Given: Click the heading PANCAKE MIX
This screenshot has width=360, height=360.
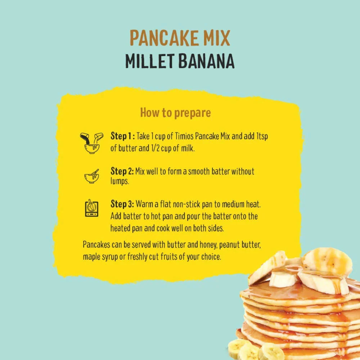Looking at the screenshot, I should tap(180, 39).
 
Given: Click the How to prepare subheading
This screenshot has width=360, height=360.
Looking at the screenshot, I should tap(175, 113).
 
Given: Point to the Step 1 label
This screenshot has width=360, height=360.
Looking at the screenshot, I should tap(122, 137).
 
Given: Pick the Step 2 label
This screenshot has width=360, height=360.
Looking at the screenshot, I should tap(122, 171).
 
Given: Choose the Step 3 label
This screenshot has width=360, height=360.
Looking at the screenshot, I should tap(122, 204).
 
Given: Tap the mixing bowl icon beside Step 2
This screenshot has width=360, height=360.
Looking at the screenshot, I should tap(91, 176).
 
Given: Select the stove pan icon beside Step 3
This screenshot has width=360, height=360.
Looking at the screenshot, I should tap(91, 208).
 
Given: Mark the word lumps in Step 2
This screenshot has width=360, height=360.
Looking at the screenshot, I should tap(119, 182).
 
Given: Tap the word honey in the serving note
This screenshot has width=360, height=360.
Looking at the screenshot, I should tap(207, 245).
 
